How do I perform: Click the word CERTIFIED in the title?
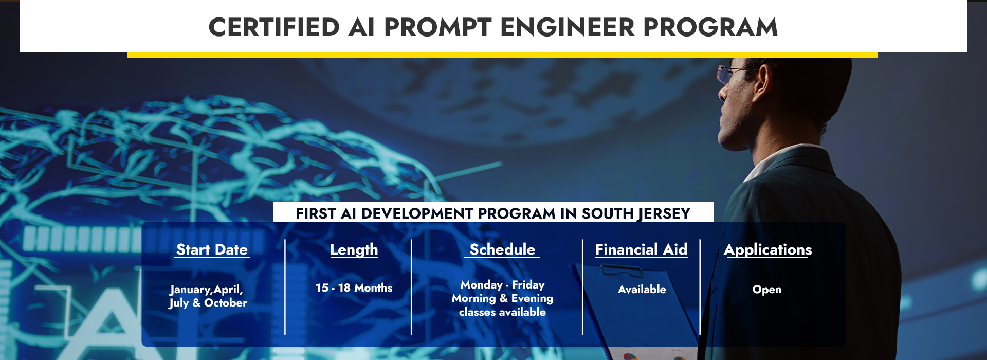click(x=274, y=27)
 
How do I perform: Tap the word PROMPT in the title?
click(x=438, y=27)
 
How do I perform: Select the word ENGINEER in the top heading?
click(x=567, y=27)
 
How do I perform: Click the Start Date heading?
click(x=212, y=249)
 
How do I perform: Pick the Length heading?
click(x=354, y=250)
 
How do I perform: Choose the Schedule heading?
click(x=502, y=249)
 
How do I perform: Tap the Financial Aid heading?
click(x=641, y=249)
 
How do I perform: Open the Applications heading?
click(x=768, y=250)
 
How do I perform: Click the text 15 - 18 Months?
click(x=354, y=288)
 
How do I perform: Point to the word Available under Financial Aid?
click(x=642, y=290)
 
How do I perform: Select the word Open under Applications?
click(x=767, y=290)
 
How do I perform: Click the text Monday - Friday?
click(x=502, y=285)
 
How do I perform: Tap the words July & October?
click(x=208, y=303)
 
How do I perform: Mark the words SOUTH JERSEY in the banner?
click(x=636, y=213)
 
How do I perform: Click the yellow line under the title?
click(x=502, y=55)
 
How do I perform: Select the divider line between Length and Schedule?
click(x=411, y=287)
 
